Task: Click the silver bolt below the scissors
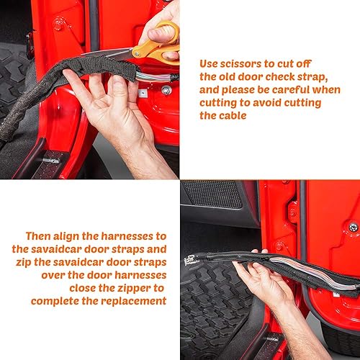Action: [x=166, y=90]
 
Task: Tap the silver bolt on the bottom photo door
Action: [x=353, y=227]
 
